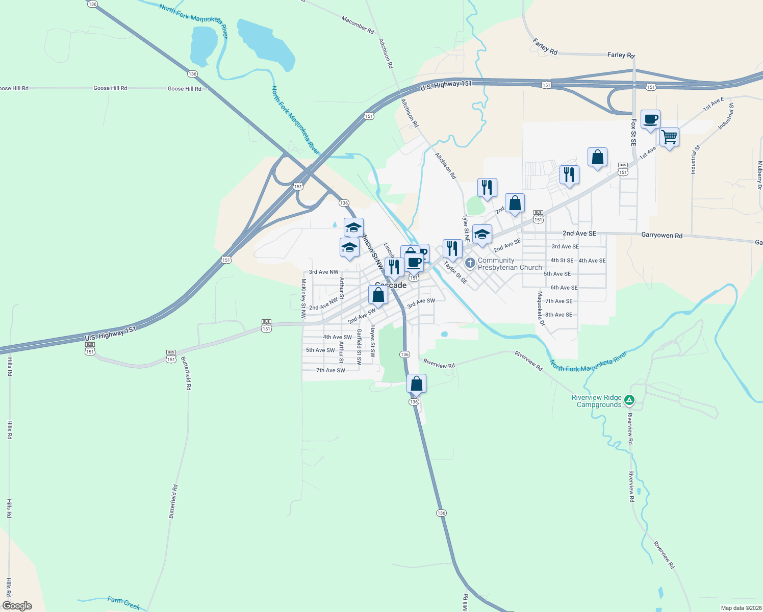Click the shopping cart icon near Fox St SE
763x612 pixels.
pyautogui.click(x=669, y=137)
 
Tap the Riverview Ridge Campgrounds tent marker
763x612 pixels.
pyautogui.click(x=629, y=400)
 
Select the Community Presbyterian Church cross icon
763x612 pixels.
pyautogui.click(x=470, y=263)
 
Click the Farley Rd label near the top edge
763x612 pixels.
pyautogui.click(x=621, y=55)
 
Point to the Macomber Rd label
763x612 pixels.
pyautogui.click(x=358, y=24)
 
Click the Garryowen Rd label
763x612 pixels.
pyautogui.click(x=662, y=236)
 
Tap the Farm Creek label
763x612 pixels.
pyautogui.click(x=124, y=603)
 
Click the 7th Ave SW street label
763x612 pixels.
pyautogui.click(x=330, y=370)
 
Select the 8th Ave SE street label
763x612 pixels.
pyautogui.click(x=558, y=315)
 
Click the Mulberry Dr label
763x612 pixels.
pyautogui.click(x=759, y=175)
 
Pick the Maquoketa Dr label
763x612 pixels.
pyautogui.click(x=541, y=309)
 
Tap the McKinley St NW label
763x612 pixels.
pyautogui.click(x=303, y=298)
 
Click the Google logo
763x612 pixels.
pyautogui.click(x=17, y=606)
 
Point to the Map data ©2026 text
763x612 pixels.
pyautogui.click(x=741, y=608)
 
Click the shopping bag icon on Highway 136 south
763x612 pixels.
pyautogui.click(x=416, y=384)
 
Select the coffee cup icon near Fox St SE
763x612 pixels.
pyautogui.click(x=650, y=119)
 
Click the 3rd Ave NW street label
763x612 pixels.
pyautogui.click(x=323, y=272)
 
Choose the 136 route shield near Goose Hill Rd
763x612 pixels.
pyautogui.click(x=192, y=74)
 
